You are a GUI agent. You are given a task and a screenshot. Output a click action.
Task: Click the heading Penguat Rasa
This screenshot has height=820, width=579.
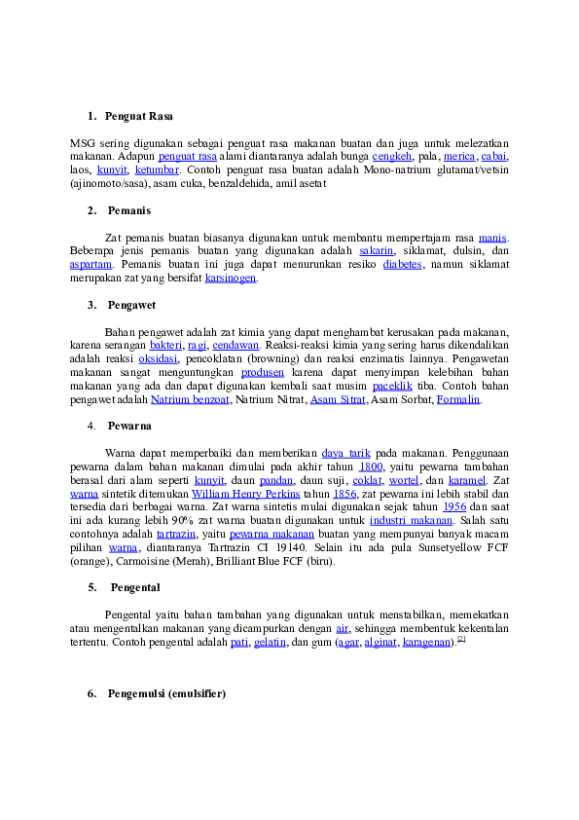(x=138, y=116)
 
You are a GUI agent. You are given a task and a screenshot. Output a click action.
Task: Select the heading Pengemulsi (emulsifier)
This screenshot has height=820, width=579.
(x=166, y=694)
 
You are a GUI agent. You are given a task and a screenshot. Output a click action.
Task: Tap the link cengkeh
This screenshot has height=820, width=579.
(x=392, y=157)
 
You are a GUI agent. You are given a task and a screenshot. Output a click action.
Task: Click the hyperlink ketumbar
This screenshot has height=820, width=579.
(x=157, y=170)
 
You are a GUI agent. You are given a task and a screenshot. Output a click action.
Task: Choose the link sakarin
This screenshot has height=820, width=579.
(x=377, y=251)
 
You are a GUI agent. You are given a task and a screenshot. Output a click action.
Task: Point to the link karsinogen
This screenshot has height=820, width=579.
(x=231, y=279)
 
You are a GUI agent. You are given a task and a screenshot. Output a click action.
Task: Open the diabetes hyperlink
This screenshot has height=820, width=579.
(x=402, y=265)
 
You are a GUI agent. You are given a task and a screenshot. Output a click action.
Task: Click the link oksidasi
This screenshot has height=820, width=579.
(x=158, y=359)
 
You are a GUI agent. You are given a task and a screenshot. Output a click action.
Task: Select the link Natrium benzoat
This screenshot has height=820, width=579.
(x=190, y=400)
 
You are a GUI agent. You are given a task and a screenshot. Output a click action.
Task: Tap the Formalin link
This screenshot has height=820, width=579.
(x=458, y=400)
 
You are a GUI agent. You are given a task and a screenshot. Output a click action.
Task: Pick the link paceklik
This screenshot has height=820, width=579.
(x=392, y=387)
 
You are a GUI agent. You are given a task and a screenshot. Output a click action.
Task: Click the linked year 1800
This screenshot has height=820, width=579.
(x=371, y=467)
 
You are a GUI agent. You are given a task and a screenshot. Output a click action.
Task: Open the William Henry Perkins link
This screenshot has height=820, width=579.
(x=245, y=494)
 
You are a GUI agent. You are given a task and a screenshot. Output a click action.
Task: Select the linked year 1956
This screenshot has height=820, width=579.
(x=454, y=507)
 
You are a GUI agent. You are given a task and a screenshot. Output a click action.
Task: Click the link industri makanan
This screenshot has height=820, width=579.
(x=412, y=521)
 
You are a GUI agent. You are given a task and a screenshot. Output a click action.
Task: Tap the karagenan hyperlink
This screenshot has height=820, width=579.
(x=426, y=643)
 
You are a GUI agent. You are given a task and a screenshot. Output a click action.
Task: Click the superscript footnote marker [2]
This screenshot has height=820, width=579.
(x=461, y=639)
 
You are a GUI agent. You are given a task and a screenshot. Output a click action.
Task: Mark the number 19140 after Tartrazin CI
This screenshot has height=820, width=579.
(x=291, y=548)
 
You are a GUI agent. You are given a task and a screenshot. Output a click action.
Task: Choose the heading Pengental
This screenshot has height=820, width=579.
(x=135, y=588)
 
